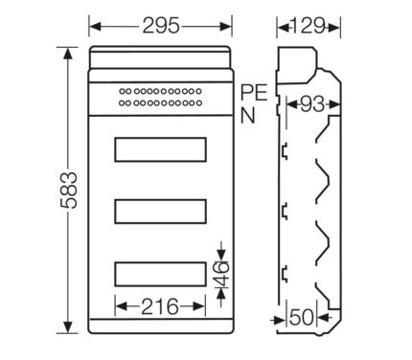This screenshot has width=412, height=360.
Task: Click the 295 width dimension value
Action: (161, 26)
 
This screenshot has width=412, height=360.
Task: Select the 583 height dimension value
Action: (69, 191)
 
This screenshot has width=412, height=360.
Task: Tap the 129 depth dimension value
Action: (309, 26)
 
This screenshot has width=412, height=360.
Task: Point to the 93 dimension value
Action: (311, 104)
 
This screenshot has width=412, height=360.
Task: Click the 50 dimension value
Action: (302, 318)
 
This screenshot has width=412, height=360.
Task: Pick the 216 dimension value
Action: (160, 306)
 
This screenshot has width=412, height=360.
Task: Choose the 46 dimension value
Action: (221, 274)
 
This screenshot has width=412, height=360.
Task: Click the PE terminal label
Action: (254, 93)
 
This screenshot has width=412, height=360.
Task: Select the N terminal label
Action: (248, 115)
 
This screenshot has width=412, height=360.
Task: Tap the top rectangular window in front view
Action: (160, 149)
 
